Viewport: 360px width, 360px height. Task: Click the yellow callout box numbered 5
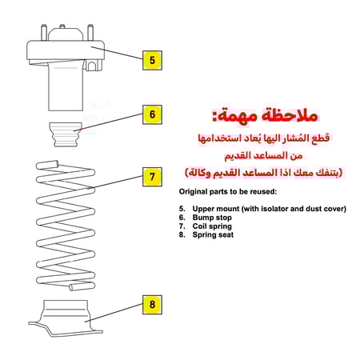coord(152,60)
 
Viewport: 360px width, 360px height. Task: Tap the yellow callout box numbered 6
coord(152,114)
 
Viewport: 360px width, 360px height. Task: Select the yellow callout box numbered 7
coord(152,177)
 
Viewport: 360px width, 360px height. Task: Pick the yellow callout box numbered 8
coord(152,305)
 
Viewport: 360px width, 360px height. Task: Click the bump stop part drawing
coord(65,134)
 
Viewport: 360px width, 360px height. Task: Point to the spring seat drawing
coord(66,318)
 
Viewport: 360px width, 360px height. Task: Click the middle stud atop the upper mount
coord(62,26)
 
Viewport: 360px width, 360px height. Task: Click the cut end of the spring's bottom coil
coord(71,287)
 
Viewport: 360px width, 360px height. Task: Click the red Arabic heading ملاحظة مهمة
coord(265,115)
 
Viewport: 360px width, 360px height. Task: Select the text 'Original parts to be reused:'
coord(228,191)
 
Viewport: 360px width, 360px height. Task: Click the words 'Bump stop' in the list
coord(212,218)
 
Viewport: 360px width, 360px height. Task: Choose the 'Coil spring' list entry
coord(212,226)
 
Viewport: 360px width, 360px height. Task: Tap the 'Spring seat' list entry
coord(213,234)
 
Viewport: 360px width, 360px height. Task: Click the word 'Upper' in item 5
coord(202,209)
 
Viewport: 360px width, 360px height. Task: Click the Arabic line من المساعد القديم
coord(263,155)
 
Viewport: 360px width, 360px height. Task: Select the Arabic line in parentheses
coord(263,173)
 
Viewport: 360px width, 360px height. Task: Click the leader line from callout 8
coord(114,313)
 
